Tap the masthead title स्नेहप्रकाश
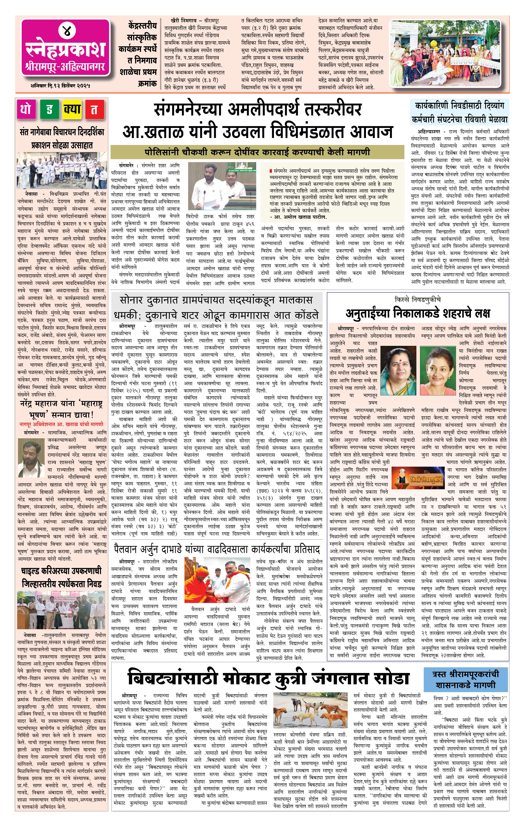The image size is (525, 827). coord(66,50)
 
